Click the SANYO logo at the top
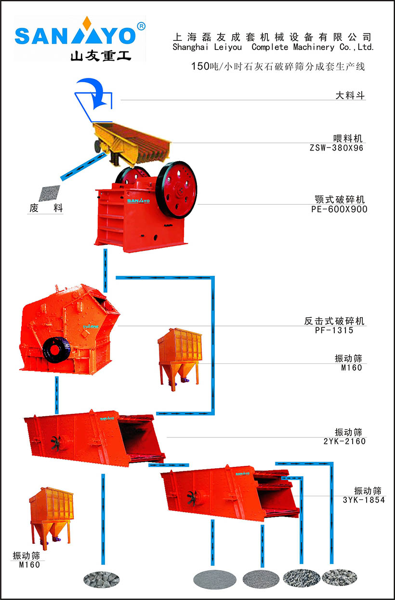coord(76,36)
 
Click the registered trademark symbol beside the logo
coord(141,26)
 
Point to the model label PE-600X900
coord(339,209)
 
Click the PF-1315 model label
coord(335,330)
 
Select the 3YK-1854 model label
coord(364,500)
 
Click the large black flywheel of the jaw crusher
coord(177,189)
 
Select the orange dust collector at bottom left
coord(50,516)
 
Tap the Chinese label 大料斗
coord(350,96)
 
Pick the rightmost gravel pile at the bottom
coord(339,577)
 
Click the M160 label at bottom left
coord(29,565)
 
